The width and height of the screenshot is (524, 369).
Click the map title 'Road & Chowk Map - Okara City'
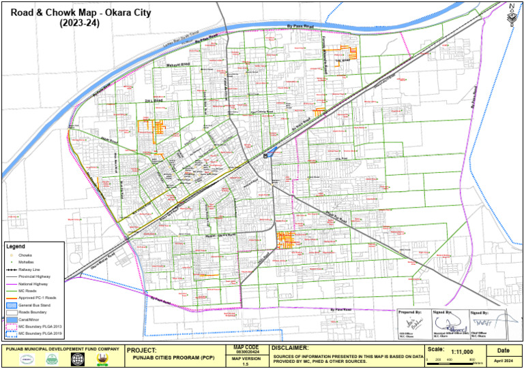pyautogui.click(x=76, y=12)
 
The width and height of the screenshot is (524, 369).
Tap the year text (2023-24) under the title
pyautogui.click(x=76, y=23)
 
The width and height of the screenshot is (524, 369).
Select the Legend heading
pyautogui.click(x=16, y=246)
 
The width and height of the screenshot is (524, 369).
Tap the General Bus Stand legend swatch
pyautogui.click(x=12, y=306)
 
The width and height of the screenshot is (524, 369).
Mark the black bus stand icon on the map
pyautogui.click(x=265, y=156)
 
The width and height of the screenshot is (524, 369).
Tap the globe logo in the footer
pyautogui.click(x=77, y=359)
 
